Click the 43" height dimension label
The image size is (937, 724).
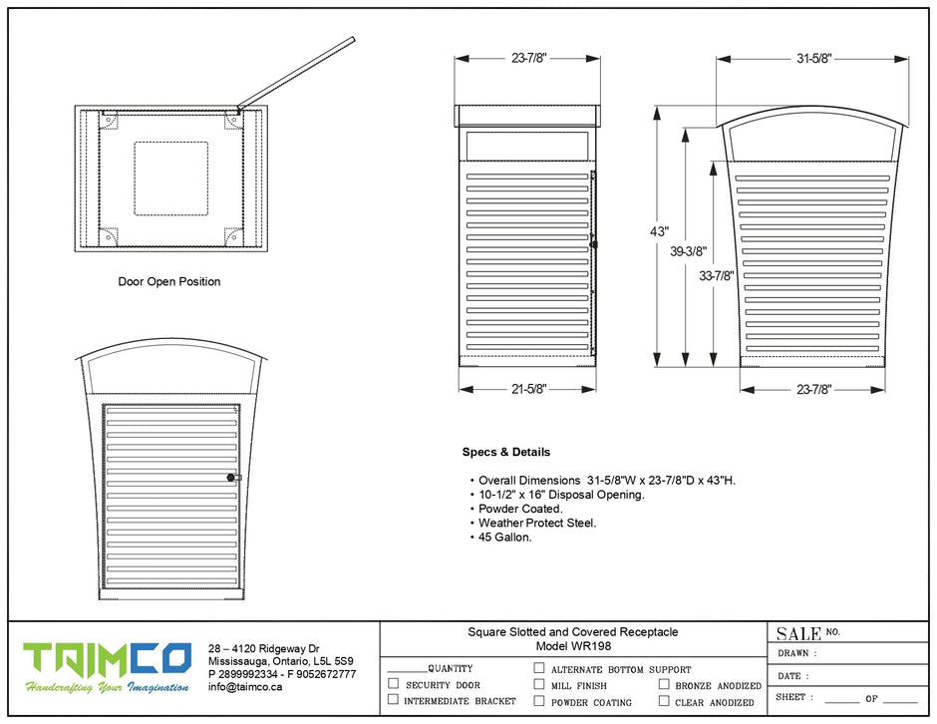(659, 231)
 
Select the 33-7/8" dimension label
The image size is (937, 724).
(717, 276)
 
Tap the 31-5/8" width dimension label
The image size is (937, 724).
(813, 59)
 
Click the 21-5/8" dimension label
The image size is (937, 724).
(529, 389)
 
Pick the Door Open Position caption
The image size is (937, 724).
(169, 282)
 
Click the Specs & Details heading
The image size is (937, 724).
(505, 452)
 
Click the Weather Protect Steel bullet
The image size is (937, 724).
(536, 523)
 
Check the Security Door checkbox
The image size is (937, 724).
(393, 684)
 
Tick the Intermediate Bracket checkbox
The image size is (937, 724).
(393, 700)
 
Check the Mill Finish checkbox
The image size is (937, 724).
(538, 684)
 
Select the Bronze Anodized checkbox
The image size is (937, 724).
(664, 684)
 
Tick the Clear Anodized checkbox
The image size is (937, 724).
(664, 701)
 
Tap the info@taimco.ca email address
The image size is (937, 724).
(245, 686)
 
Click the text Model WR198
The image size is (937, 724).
(573, 645)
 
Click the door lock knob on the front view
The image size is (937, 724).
(230, 479)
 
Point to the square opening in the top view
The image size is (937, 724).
(171, 179)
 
